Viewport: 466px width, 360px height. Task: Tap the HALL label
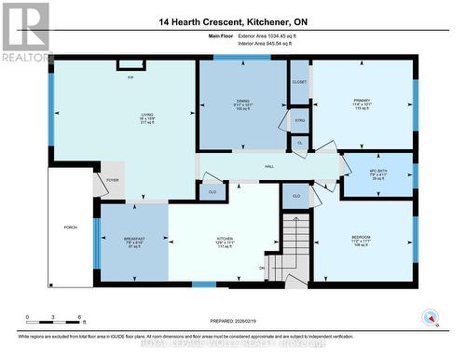tap(268, 166)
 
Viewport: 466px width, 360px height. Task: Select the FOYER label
tap(113, 180)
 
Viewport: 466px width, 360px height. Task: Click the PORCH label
tap(70, 227)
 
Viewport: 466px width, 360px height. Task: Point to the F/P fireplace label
tap(130, 77)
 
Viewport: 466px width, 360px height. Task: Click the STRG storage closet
tap(299, 120)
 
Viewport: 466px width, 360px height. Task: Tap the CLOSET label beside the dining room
tap(299, 82)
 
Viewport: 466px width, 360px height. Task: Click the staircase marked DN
tap(296, 246)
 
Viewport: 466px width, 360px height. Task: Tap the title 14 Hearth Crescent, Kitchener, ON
tap(233, 21)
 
